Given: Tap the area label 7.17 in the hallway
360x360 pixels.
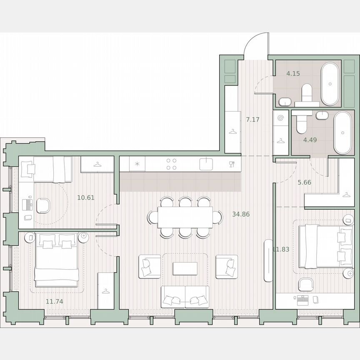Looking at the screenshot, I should click(x=252, y=120).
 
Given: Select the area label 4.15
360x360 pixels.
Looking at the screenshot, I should click(x=293, y=73).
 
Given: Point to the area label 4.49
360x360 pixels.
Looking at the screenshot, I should click(x=310, y=140).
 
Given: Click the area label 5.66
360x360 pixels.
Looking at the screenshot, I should click(x=305, y=182).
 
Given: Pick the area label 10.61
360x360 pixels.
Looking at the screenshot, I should click(x=86, y=197).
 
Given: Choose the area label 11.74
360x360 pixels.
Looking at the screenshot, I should click(x=55, y=301).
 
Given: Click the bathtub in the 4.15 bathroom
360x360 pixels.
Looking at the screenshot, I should click(x=330, y=84).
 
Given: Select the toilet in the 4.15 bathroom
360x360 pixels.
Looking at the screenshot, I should click(x=307, y=92).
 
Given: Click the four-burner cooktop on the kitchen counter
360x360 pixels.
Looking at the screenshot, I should click(x=171, y=164).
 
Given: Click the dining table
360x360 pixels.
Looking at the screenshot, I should click(x=185, y=217).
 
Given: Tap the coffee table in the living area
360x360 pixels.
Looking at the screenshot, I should click(x=185, y=268).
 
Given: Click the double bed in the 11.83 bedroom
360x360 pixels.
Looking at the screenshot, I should click(x=323, y=246).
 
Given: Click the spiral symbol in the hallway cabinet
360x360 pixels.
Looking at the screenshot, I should click(x=280, y=118).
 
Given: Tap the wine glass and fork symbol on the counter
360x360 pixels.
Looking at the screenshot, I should click(x=232, y=164).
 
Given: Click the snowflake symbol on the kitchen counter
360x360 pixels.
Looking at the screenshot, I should click(x=137, y=164).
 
